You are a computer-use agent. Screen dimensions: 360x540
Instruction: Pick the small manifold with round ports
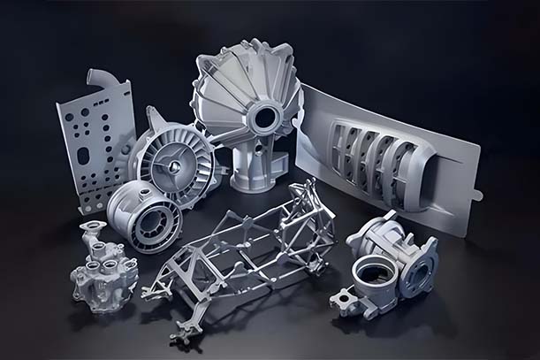click(x=103, y=270)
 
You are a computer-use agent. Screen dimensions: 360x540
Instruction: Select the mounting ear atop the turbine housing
click(x=156, y=117)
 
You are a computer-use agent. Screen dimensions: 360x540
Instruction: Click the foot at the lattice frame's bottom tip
click(x=183, y=333)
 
